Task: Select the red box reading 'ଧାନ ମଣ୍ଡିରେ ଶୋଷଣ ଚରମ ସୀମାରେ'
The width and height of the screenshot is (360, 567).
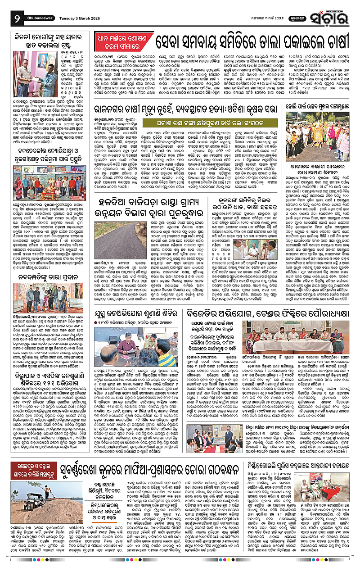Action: point(120,43)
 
